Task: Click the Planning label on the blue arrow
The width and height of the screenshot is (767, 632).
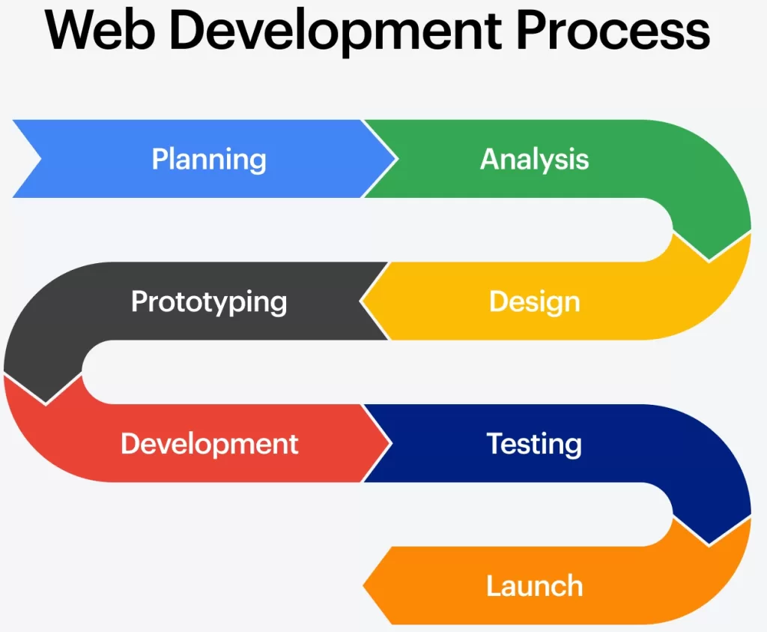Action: point(209,159)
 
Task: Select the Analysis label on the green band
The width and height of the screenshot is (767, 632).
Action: point(534,159)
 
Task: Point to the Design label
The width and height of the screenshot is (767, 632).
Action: point(534,301)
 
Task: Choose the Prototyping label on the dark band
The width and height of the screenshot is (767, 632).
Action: point(209,301)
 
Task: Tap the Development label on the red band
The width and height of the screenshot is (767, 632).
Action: point(209,444)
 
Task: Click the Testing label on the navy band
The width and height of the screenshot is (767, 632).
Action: point(534,444)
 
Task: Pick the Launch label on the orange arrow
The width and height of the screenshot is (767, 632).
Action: point(534,586)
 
